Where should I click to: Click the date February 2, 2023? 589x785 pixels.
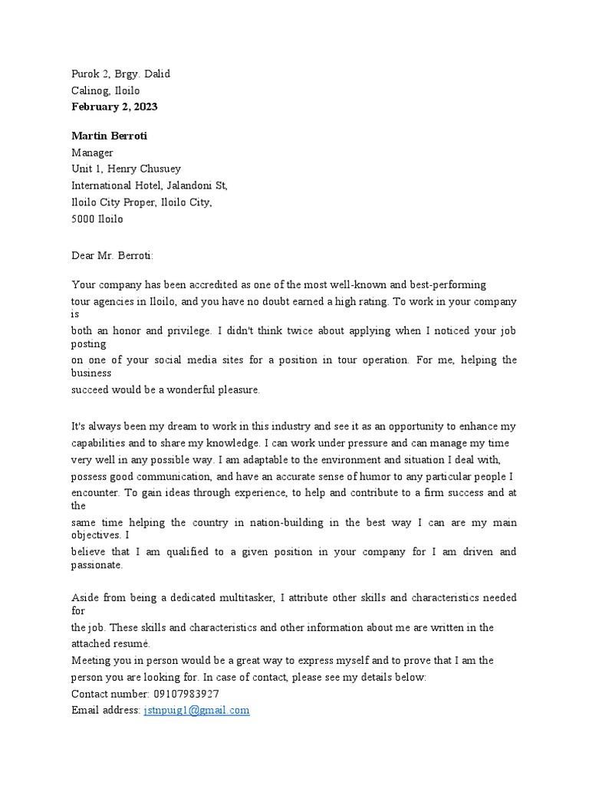(x=114, y=107)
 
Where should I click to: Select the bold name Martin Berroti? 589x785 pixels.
(x=109, y=136)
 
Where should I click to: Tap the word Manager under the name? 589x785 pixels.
(x=92, y=153)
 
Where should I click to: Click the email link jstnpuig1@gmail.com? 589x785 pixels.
(x=196, y=710)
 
